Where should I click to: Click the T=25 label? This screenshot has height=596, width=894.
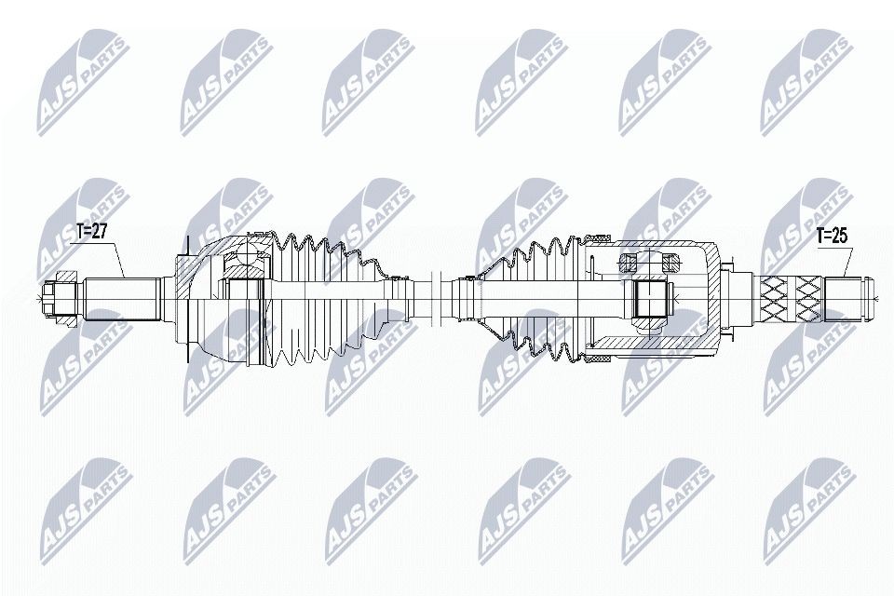pyautogui.click(x=832, y=236)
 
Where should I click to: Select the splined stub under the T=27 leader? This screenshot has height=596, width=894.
pyautogui.click(x=123, y=297)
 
